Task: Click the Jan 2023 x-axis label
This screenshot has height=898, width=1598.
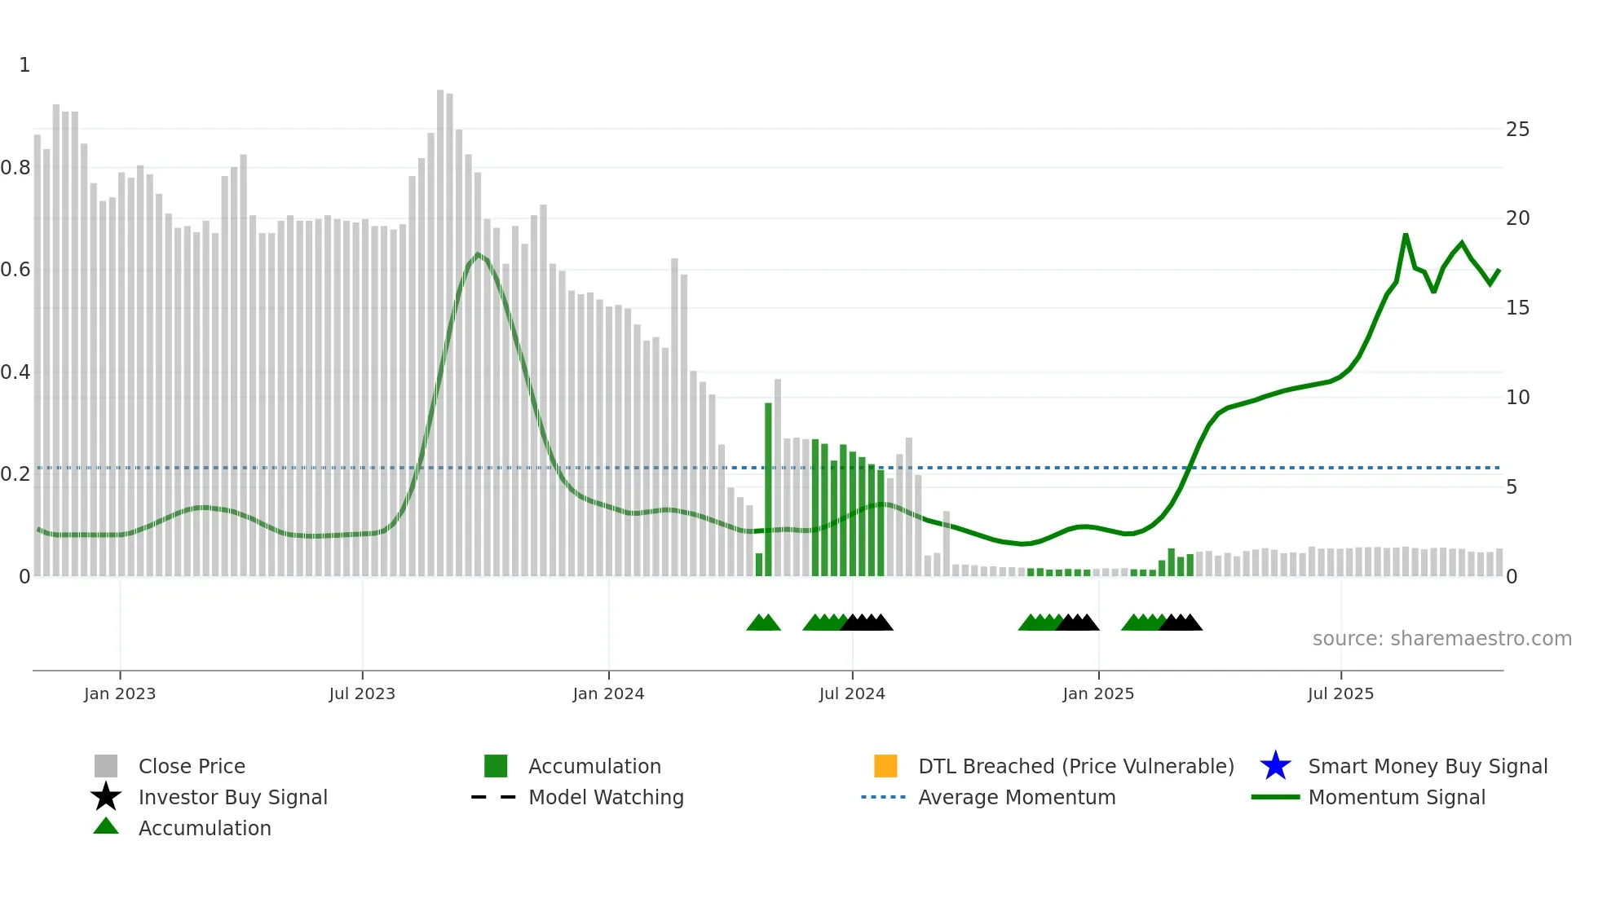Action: pos(119,693)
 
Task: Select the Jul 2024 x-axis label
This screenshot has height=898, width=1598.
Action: pos(852,693)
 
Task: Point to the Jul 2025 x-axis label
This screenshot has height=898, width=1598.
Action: pos(1340,693)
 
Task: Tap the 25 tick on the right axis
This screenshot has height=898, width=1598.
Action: pos(1517,130)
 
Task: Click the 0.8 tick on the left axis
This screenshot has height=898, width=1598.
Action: pos(15,168)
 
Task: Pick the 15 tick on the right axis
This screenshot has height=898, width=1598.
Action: pos(1517,308)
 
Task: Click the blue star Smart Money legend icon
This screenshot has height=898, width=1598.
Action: pos(1275,766)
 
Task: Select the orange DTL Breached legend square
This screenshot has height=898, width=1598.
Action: pos(885,766)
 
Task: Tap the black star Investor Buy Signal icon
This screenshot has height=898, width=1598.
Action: pos(106,797)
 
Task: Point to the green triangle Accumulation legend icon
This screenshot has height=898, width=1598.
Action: pos(106,826)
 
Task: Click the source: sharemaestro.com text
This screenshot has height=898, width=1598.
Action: pos(1441,639)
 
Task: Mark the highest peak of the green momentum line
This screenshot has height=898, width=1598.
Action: pos(1406,236)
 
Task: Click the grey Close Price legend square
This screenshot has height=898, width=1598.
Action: pos(106,766)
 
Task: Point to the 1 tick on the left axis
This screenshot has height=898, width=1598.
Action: pos(24,65)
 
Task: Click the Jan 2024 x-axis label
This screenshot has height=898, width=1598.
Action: pos(608,693)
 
